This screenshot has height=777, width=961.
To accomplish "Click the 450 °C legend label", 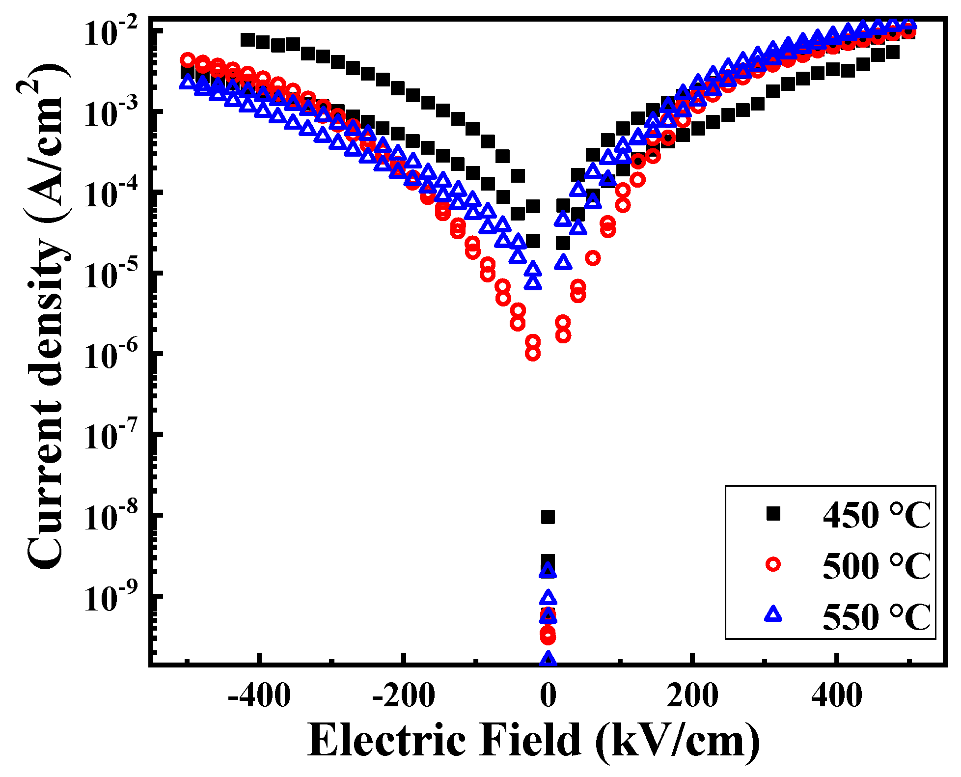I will tap(876, 515).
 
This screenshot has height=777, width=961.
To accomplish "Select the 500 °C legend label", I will tap(876, 566).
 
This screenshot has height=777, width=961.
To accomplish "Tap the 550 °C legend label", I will tap(876, 617).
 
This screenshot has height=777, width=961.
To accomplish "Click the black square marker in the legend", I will tap(773, 514).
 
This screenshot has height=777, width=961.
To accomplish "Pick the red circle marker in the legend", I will tap(773, 565).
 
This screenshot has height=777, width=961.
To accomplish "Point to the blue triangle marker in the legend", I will tap(773, 614).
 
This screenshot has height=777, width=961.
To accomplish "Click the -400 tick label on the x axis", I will tap(259, 696).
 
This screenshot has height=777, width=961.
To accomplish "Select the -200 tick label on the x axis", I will tap(404, 696).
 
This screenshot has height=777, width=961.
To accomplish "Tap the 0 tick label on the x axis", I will tap(548, 696).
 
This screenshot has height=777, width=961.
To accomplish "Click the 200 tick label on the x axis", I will tap(692, 696).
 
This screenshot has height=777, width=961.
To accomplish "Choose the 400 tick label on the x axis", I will tap(836, 696).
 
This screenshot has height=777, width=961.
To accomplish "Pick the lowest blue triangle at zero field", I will tap(548, 659).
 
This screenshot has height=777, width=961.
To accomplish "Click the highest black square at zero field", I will tap(548, 517).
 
